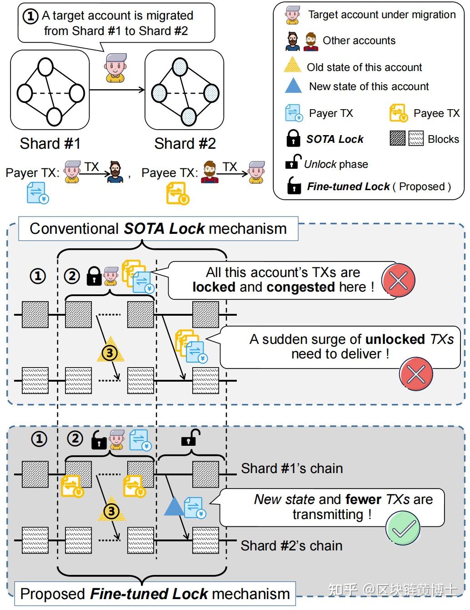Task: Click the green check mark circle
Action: point(403,528)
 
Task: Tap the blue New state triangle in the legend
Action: point(293,86)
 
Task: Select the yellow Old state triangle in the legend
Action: point(293,66)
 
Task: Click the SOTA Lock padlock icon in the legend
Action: point(293,139)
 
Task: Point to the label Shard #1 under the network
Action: point(50,144)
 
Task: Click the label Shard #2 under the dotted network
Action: point(185,144)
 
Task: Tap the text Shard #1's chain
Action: point(292,469)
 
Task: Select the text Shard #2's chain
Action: point(291,545)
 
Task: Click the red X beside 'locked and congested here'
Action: point(398,280)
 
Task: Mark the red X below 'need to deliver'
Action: point(415,374)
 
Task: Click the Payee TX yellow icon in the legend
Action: point(399,113)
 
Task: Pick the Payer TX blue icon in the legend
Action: point(294,113)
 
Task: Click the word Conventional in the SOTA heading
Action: point(74,229)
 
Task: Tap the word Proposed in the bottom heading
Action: point(53,594)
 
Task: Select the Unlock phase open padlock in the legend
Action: point(293,162)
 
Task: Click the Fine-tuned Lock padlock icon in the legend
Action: point(294,186)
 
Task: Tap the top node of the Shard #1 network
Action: point(45,67)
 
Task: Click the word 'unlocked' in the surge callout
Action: point(395,339)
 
